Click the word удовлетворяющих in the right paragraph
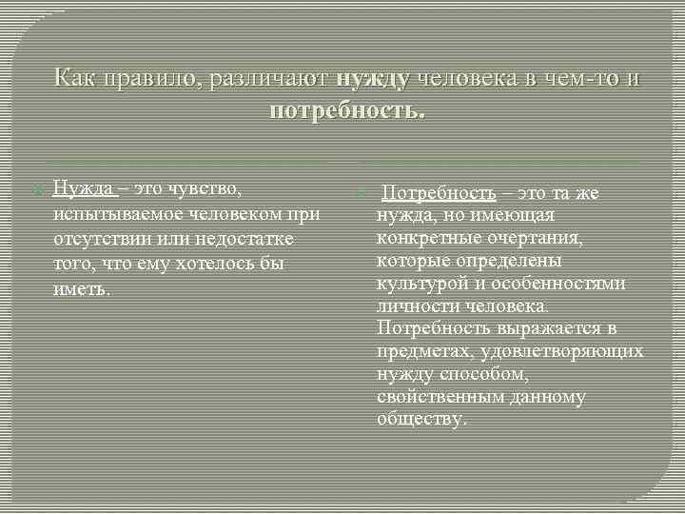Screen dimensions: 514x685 [560, 351]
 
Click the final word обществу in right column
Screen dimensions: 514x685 [421, 420]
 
